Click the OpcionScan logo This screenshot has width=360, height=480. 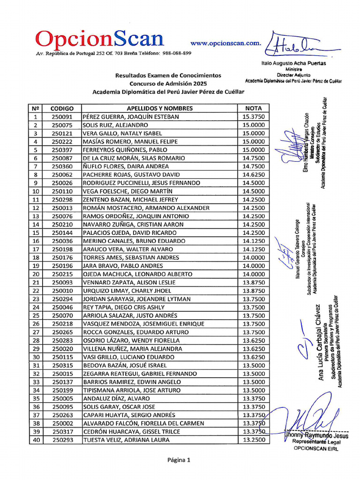(x=100, y=39)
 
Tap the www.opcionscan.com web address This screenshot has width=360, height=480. (x=225, y=43)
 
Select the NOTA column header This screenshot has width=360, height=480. (x=254, y=108)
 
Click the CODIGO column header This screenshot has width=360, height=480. (x=62, y=108)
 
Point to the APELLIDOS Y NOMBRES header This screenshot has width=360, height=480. (x=159, y=108)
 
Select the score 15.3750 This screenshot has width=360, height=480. (x=254, y=117)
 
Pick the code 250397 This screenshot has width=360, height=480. (x=62, y=150)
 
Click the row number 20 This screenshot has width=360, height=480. (x=35, y=274)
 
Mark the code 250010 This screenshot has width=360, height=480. (x=62, y=291)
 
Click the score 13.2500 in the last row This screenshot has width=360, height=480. (x=254, y=440)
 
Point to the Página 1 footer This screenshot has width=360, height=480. (x=179, y=460)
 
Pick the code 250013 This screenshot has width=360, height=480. (x=62, y=208)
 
